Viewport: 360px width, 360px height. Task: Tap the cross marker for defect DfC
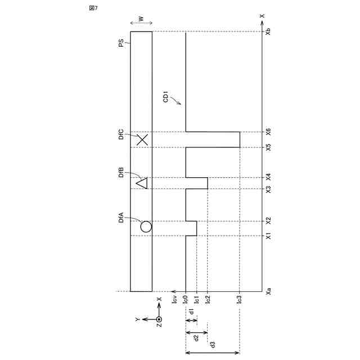coord(142,140)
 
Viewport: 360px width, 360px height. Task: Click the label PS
coord(121,43)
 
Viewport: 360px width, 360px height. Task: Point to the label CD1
coord(165,97)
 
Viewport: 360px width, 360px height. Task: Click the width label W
coord(141,19)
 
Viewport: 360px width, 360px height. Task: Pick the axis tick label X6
coord(268,132)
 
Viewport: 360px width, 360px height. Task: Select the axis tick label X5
coord(268,147)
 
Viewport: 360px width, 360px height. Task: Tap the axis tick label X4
coord(268,177)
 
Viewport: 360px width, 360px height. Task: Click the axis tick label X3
coord(268,190)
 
